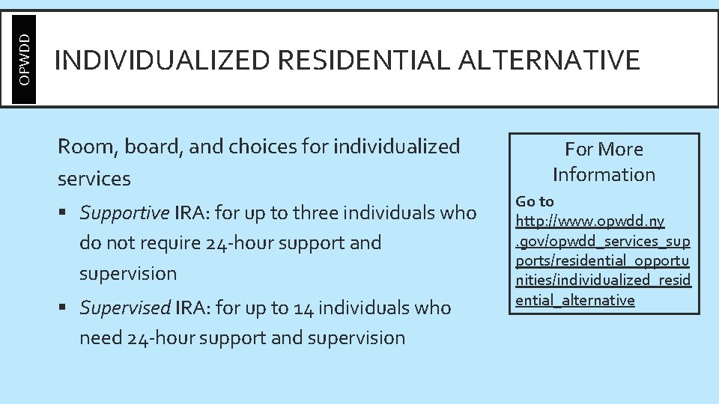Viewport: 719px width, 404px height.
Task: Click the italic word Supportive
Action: [x=124, y=213]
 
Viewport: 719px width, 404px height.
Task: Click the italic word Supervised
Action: [x=125, y=307]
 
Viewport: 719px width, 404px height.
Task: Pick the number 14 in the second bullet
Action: [x=324, y=307]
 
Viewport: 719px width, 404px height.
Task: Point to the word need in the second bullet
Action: [x=100, y=337]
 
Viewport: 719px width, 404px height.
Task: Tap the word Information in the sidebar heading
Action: [x=604, y=174]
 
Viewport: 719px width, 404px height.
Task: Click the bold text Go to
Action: [x=535, y=201]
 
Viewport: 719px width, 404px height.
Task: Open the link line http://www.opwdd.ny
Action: [x=589, y=221]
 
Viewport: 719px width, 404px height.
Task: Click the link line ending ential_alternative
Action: [x=574, y=300]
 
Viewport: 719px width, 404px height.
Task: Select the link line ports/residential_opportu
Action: [x=602, y=261]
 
